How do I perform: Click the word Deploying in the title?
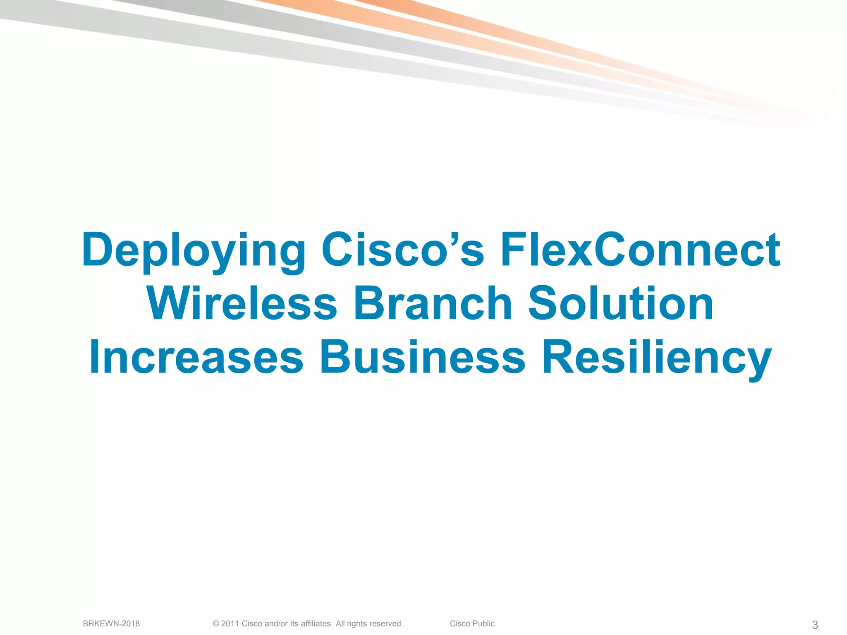click(x=194, y=251)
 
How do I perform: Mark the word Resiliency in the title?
click(x=657, y=358)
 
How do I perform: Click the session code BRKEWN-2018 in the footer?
click(x=111, y=623)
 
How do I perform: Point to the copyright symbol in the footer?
click(x=216, y=624)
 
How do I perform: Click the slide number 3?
click(x=815, y=625)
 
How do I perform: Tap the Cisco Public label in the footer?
click(x=472, y=623)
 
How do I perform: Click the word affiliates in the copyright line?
click(x=316, y=623)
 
